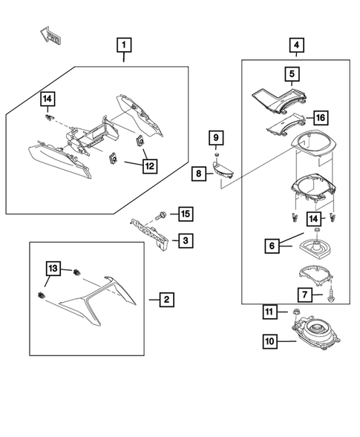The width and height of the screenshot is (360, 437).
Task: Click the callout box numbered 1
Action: (124, 45)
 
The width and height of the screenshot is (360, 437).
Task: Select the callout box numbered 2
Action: (167, 300)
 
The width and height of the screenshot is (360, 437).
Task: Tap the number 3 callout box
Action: (186, 240)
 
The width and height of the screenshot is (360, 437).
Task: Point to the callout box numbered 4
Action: (296, 45)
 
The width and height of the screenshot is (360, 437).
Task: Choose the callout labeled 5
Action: (292, 74)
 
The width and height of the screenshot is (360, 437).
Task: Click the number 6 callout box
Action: (272, 246)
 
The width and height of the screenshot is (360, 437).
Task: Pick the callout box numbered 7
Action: (305, 295)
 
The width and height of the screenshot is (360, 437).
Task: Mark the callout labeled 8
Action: (198, 174)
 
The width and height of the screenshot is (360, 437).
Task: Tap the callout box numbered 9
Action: (216, 137)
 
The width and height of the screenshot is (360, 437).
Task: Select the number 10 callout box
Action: (270, 341)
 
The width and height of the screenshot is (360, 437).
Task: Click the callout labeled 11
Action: (269, 312)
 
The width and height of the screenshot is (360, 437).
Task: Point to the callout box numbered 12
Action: (150, 166)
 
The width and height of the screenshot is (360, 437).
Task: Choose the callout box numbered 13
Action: (53, 269)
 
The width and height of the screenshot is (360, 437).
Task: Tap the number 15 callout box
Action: (186, 214)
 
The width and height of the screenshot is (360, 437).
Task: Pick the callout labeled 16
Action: (321, 118)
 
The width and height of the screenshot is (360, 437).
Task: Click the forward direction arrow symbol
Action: (50, 35)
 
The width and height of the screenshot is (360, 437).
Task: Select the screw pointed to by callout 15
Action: (160, 216)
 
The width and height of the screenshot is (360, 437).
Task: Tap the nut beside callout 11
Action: (296, 312)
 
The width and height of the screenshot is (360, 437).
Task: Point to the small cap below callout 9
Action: (216, 154)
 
